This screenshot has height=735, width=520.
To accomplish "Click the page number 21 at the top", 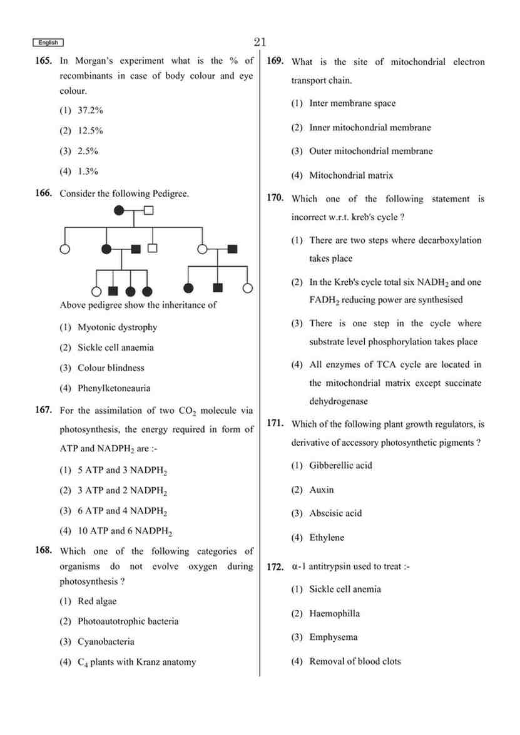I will [x=260, y=42].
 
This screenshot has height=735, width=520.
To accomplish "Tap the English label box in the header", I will [x=48, y=43].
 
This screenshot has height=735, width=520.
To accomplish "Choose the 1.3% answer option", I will [x=88, y=171].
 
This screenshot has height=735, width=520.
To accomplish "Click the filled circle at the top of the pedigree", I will [x=120, y=210].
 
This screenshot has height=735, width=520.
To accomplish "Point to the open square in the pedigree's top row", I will [x=148, y=210].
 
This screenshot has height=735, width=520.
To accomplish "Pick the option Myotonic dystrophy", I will [x=116, y=327].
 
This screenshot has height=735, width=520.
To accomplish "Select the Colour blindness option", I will [x=110, y=367].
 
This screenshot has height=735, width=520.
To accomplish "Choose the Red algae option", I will [x=96, y=601].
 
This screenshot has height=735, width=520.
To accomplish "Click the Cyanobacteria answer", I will [x=105, y=642].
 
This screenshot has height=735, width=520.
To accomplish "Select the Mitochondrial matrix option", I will [x=350, y=175].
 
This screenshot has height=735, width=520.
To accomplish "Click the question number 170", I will [x=275, y=198].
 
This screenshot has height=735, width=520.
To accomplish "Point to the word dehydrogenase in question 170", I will [x=339, y=401].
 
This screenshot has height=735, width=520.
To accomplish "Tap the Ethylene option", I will [x=326, y=537].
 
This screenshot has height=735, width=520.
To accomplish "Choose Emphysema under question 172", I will [x=333, y=637].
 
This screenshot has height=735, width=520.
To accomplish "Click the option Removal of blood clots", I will [x=354, y=661].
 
